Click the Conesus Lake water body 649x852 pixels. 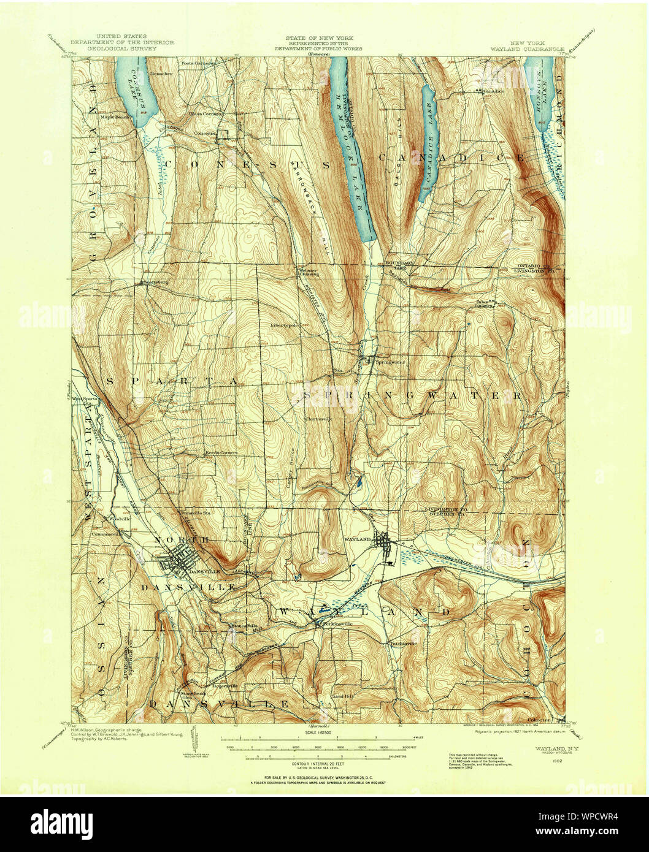(x=136, y=92)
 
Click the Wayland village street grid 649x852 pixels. (x=385, y=544)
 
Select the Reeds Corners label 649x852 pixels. (x=221, y=454)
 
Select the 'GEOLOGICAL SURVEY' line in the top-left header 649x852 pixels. (x=122, y=48)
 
